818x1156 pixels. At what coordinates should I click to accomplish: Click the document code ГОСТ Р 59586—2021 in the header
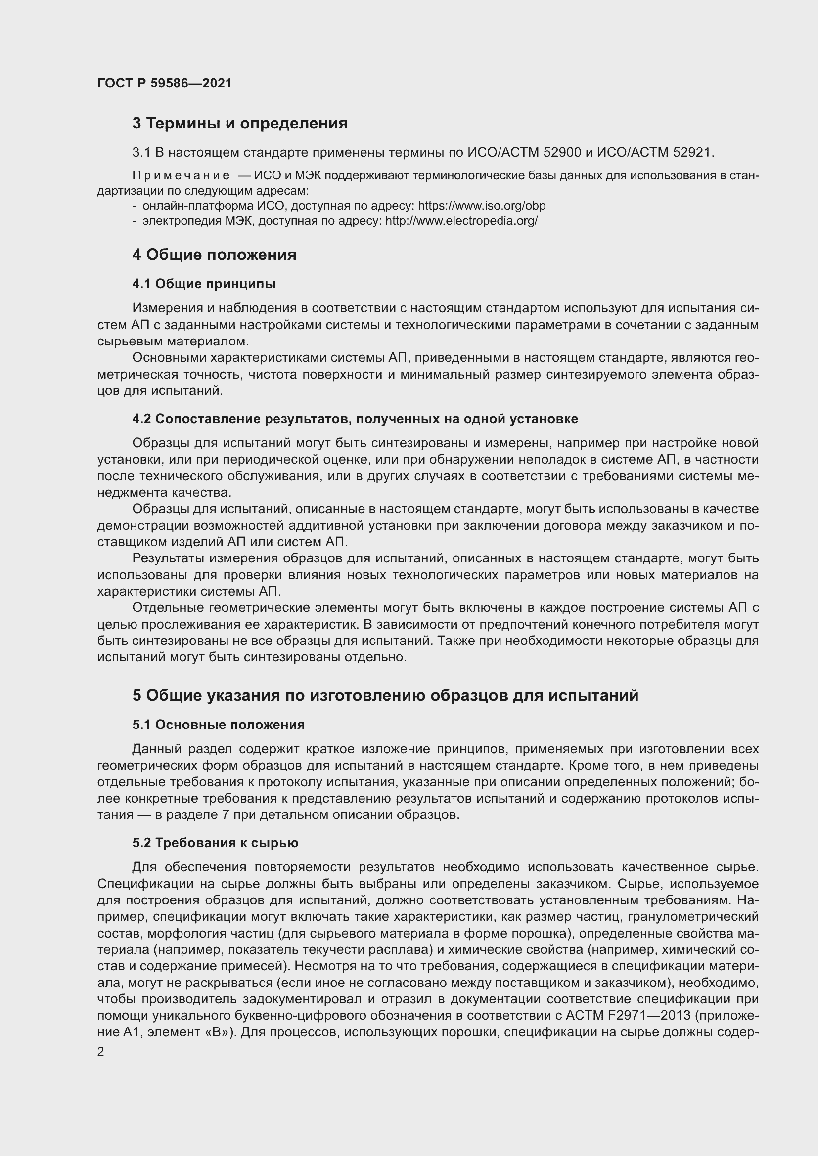pos(165,83)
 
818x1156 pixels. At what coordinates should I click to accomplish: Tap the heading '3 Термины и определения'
pos(240,123)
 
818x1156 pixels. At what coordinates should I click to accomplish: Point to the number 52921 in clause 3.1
pos(692,152)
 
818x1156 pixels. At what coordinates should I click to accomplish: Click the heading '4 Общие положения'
pos(214,254)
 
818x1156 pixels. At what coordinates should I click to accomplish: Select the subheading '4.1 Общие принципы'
pos(204,284)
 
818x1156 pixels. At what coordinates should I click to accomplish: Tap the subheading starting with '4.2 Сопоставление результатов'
pos(355,419)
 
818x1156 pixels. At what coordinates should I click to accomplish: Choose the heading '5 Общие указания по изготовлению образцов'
pos(385,695)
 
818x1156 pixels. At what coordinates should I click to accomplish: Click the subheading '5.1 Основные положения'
pos(219,725)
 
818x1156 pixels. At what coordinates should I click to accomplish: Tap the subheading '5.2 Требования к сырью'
pos(215,842)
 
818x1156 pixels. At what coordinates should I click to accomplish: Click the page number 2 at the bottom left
pos(101,1052)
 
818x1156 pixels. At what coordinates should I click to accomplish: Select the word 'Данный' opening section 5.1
pos(156,749)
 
